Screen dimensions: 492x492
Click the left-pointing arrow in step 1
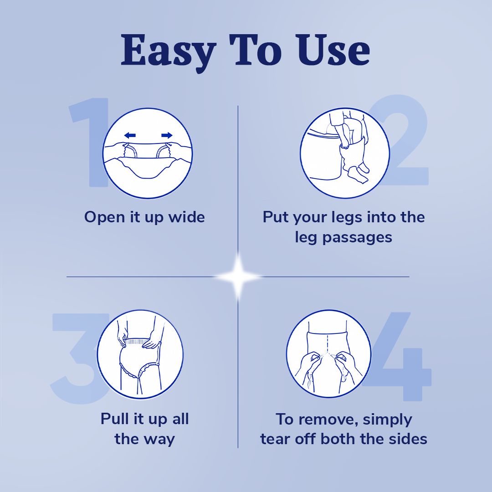coord(130,135)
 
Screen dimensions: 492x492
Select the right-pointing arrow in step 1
coord(167,135)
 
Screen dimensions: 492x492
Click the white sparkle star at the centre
coord(238,277)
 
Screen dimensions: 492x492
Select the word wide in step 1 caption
coord(186,217)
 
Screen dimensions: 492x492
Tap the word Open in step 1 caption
coord(105,217)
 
